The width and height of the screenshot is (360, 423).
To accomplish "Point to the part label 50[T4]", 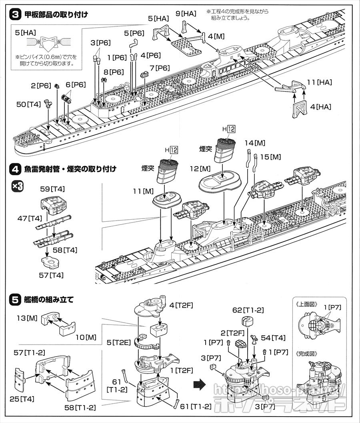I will (x=29, y=104).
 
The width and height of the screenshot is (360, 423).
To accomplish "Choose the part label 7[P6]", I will (x=159, y=68).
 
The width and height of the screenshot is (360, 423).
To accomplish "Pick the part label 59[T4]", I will (x=53, y=189).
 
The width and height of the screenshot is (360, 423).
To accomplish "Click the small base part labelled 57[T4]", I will (x=51, y=261).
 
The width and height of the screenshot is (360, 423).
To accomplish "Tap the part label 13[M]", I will (x=27, y=318).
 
